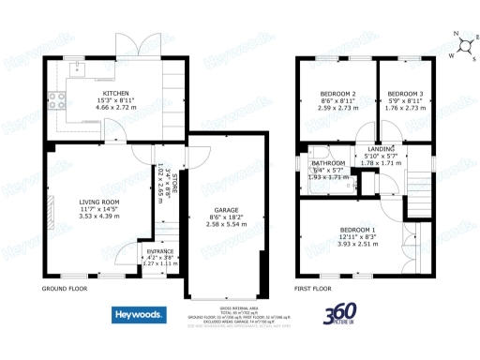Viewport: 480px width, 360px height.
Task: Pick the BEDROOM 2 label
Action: tap(337, 94)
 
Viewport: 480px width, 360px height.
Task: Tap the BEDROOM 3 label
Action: tap(405, 94)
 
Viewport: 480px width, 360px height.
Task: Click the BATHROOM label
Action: tap(328, 163)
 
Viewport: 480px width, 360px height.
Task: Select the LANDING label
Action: tap(381, 149)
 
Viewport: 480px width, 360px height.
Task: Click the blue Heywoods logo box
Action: tap(140, 314)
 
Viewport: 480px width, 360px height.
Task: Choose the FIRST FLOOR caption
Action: tap(315, 289)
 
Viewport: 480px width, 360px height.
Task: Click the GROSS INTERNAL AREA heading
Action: tap(240, 307)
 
